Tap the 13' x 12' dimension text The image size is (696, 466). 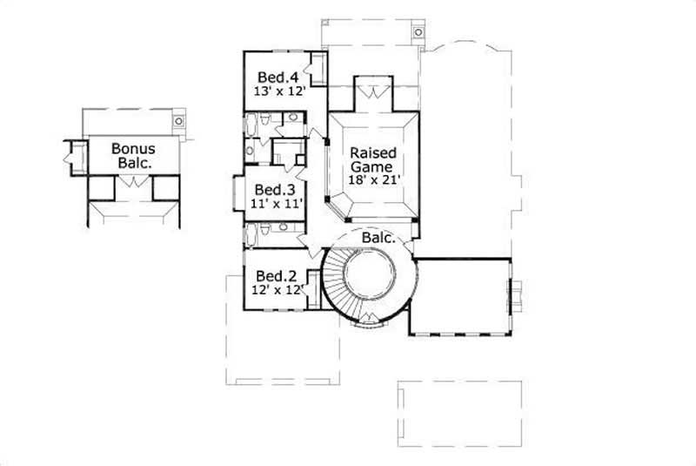273,89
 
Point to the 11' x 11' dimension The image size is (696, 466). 271,205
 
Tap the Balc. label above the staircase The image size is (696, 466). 378,237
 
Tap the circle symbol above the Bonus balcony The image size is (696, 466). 178,121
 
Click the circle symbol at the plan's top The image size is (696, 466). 418,33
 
